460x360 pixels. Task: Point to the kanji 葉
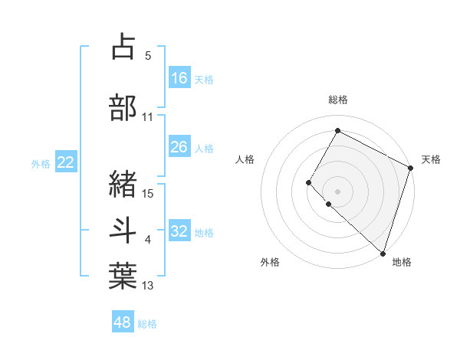[123, 276]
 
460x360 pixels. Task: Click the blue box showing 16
[179, 78]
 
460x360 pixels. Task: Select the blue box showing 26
[179, 147]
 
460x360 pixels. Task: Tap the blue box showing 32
[179, 231]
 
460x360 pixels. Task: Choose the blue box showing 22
[65, 162]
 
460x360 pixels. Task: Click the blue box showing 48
[123, 322]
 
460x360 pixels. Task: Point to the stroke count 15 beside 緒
[148, 193]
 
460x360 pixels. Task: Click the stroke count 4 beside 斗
[148, 241]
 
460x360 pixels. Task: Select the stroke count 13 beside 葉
[148, 286]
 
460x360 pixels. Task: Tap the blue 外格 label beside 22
[41, 163]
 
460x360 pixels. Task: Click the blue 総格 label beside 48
[147, 324]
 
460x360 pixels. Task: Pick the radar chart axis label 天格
[431, 159]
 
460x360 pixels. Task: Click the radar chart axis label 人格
[245, 159]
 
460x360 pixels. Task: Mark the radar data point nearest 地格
[383, 253]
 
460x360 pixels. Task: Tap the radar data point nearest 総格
[337, 131]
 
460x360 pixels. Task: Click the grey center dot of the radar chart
[337, 191]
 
